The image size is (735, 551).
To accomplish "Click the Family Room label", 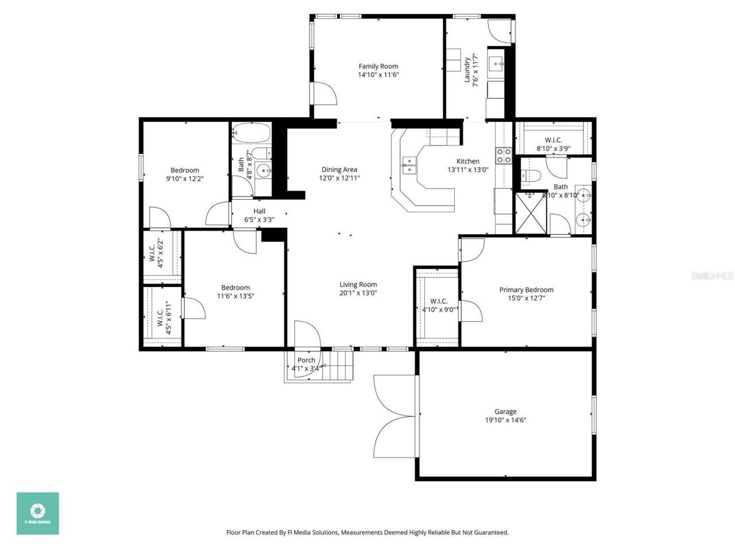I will pyautogui.click(x=378, y=67).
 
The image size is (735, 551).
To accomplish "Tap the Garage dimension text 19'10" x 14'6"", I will pyautogui.click(x=505, y=420).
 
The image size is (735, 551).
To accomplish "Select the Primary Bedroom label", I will pyautogui.click(x=526, y=290).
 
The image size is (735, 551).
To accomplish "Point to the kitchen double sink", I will pyautogui.click(x=409, y=165).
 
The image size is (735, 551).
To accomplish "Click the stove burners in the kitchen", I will pyautogui.click(x=504, y=156).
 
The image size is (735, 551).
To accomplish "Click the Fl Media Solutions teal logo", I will pyautogui.click(x=37, y=513).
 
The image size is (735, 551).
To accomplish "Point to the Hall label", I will pyautogui.click(x=259, y=211).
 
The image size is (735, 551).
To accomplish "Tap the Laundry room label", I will pyautogui.click(x=467, y=70).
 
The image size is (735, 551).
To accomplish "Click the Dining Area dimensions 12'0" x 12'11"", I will pyautogui.click(x=339, y=178).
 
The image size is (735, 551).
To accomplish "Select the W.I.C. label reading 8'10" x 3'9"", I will pyautogui.click(x=553, y=149).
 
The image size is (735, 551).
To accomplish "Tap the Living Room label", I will pyautogui.click(x=358, y=285).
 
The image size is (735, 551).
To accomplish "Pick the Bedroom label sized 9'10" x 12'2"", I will pyautogui.click(x=185, y=170).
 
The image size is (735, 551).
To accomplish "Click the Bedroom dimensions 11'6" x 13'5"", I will pyautogui.click(x=235, y=296).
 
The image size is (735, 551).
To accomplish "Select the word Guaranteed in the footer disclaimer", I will pyautogui.click(x=490, y=533).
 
